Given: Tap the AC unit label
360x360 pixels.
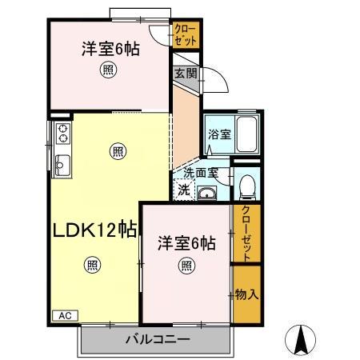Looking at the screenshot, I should click(65, 315).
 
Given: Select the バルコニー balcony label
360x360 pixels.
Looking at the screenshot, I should click(158, 339).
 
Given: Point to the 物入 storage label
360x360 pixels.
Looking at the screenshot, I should click(247, 294).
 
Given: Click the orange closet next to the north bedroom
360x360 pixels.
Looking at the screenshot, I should click(186, 36).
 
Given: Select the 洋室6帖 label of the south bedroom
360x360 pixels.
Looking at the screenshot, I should click(186, 242).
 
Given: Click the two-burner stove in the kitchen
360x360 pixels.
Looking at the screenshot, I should click(62, 131).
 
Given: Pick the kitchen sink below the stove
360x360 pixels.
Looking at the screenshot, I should click(62, 166).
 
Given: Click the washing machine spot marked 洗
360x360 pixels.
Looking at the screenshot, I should click(183, 190).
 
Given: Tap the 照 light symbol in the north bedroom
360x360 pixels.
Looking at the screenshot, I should click(107, 71).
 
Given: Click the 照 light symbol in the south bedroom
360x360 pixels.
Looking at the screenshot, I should click(186, 265).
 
